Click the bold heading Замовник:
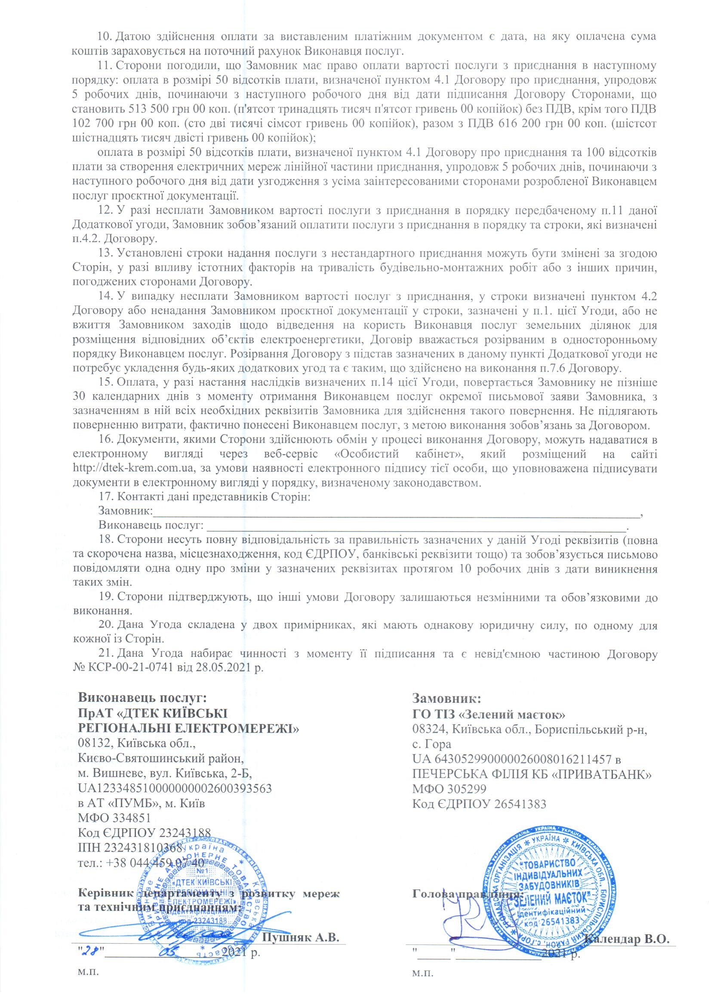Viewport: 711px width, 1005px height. click(x=447, y=709)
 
